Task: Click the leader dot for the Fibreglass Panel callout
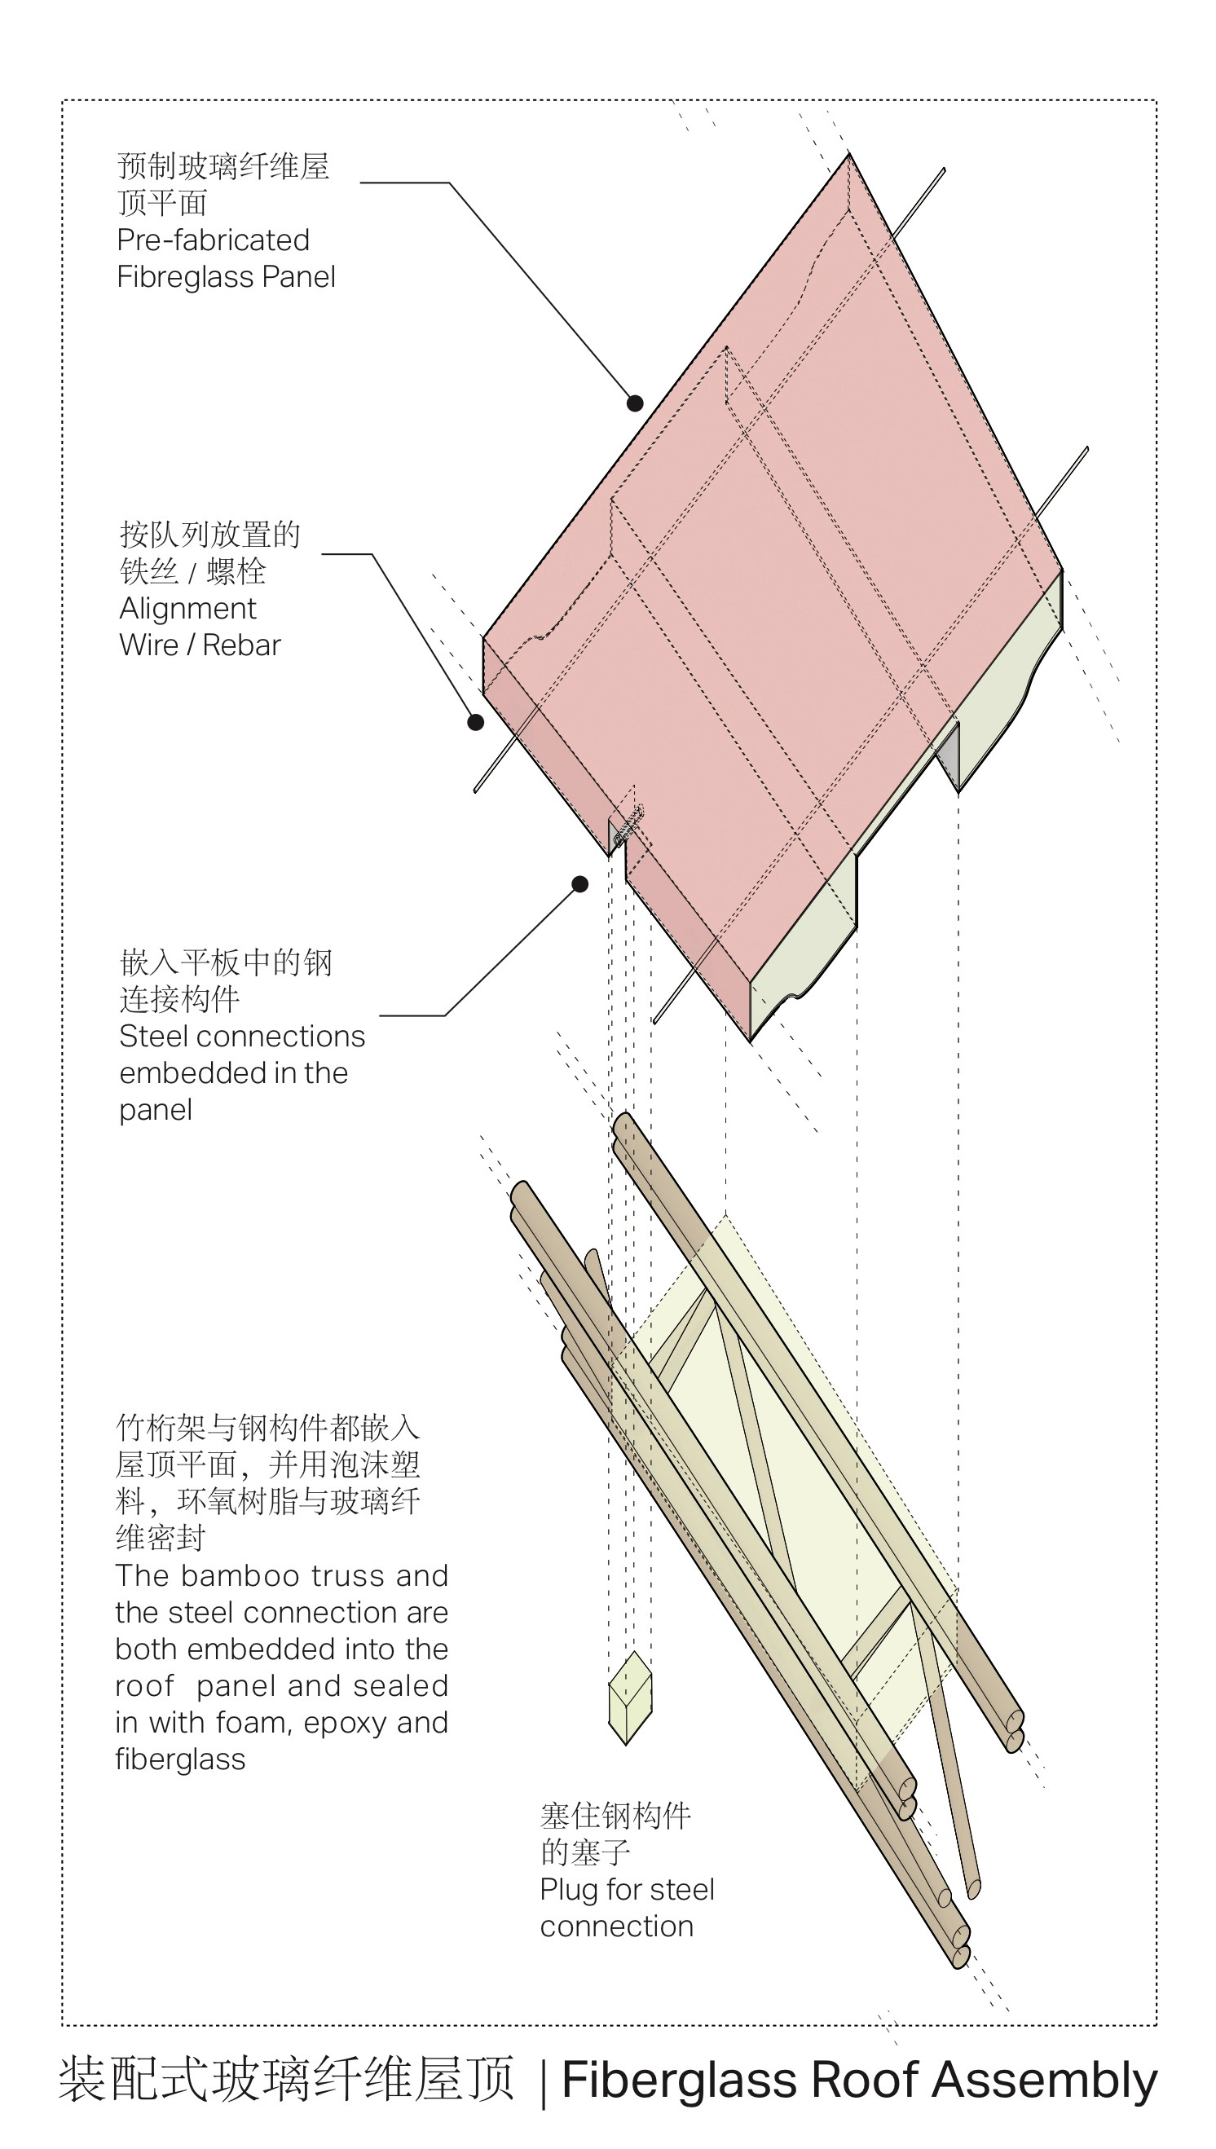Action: coord(635,403)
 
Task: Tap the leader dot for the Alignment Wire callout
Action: coord(475,722)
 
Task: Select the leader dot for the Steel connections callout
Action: coord(579,884)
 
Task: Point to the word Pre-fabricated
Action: coord(213,240)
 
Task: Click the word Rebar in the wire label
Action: coord(241,645)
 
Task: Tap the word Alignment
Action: coord(188,609)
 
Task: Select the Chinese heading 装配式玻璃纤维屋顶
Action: coord(285,2080)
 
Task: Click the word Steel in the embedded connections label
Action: coord(151,1037)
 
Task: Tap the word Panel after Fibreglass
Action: coord(298,277)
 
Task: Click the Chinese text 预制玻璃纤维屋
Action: coord(223,166)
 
